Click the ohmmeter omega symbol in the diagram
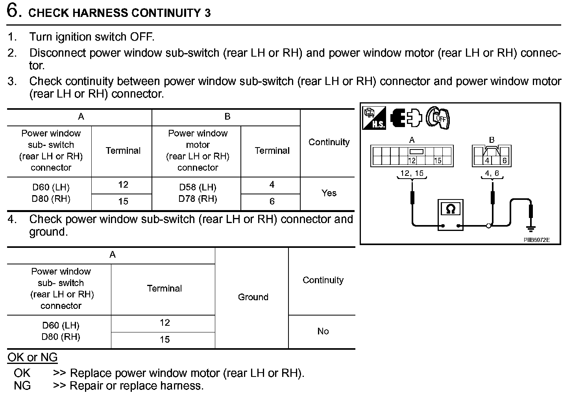click(451, 209)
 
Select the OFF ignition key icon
click(438, 118)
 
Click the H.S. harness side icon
click(374, 118)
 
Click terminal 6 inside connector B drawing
click(504, 161)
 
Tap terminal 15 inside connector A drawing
click(438, 161)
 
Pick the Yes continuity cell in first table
click(329, 193)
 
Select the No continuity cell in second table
click(323, 331)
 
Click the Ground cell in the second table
click(253, 297)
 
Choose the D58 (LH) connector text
click(198, 187)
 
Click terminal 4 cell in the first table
click(272, 185)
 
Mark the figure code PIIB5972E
click(536, 240)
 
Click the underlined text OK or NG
click(33, 357)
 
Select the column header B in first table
click(227, 116)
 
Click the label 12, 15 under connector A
click(412, 173)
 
